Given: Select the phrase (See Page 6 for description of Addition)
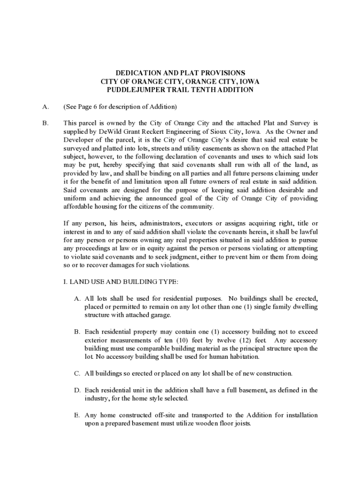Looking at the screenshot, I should [x=120, y=107].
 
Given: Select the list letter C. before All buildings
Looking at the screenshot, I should [x=77, y=374].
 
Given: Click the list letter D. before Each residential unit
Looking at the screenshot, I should [x=77, y=390].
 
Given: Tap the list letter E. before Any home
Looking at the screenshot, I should [x=77, y=415].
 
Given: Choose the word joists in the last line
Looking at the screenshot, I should [x=242, y=424].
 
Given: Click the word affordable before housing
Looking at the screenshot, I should [x=78, y=207].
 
